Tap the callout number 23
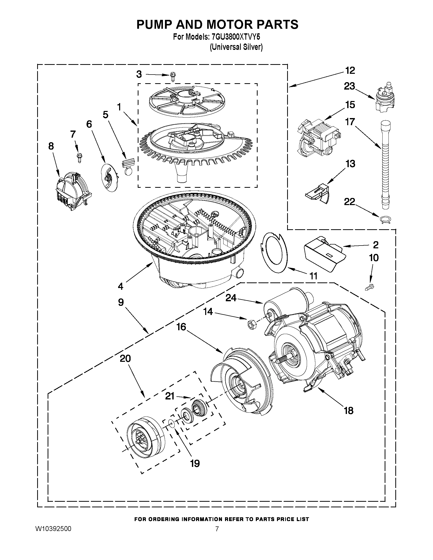349,86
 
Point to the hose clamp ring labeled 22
385,220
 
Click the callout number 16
181,327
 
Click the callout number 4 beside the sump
121,286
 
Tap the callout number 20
125,358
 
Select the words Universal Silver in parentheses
236,47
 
